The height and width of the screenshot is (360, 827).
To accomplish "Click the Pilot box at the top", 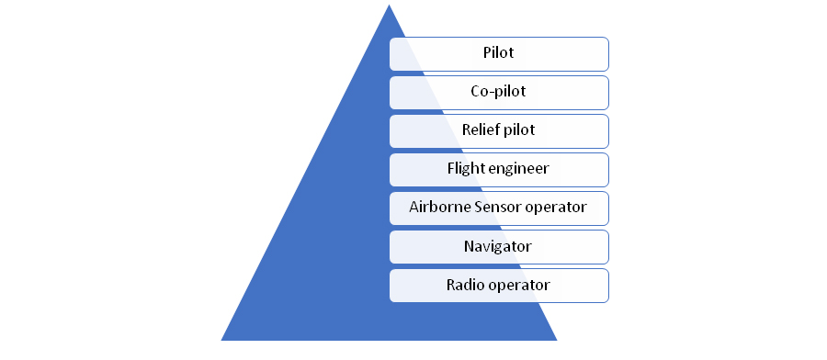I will point(498,53).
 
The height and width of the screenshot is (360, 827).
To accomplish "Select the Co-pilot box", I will point(498,92).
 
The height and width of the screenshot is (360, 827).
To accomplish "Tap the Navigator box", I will point(498,246).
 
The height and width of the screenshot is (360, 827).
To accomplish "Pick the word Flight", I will point(466,169).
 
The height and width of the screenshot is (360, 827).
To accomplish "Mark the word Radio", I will point(465,285).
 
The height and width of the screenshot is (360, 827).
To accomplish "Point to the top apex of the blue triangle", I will point(389,6).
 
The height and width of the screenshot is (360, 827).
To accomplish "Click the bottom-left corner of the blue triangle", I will point(221,339).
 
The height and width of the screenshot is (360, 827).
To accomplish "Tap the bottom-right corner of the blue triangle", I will point(557,339).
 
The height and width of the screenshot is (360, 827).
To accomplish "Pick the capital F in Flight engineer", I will point(451,169).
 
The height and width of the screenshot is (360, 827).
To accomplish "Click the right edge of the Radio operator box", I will point(608,285).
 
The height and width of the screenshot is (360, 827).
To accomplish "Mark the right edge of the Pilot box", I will point(608,53).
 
